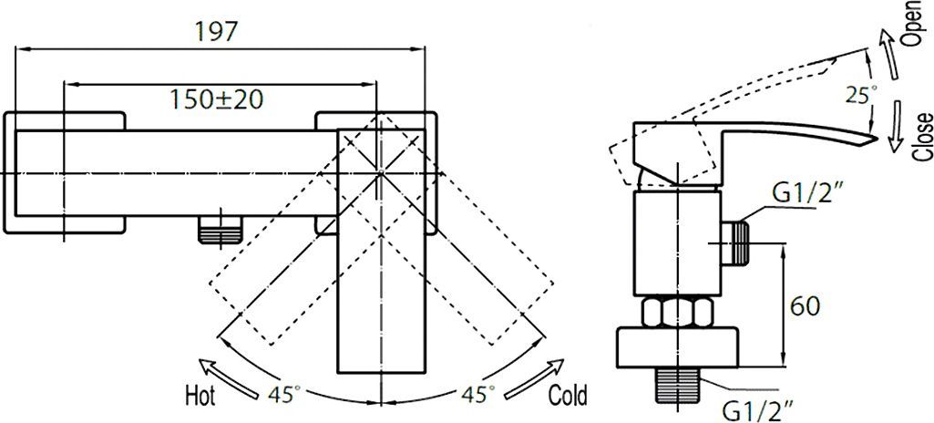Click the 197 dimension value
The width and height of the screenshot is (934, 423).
(216, 31)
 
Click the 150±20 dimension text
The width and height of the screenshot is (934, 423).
(217, 98)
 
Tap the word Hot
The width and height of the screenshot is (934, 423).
(200, 395)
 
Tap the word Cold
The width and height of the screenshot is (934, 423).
(568, 395)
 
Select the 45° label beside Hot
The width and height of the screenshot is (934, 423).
(284, 395)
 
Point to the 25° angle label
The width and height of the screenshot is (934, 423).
(861, 95)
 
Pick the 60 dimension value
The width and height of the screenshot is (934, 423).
(805, 306)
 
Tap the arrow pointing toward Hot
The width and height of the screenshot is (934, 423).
(230, 379)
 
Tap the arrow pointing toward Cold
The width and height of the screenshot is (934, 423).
(534, 379)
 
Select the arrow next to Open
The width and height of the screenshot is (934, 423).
(888, 54)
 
